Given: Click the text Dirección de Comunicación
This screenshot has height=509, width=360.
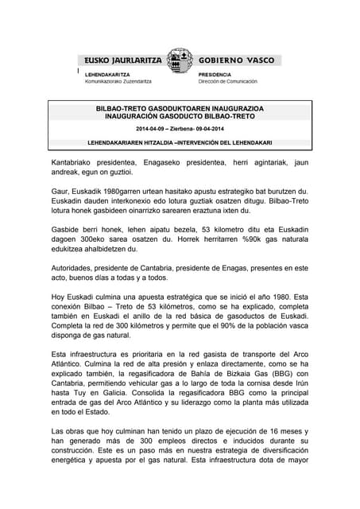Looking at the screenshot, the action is click(x=228, y=81).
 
